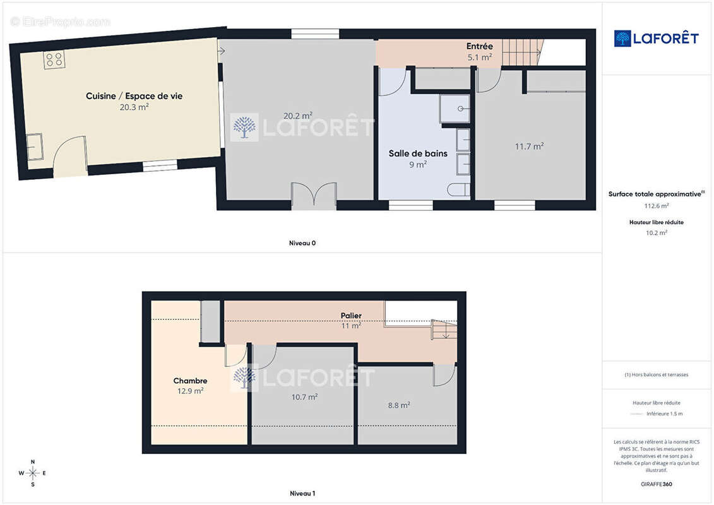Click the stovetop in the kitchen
pos(54,59)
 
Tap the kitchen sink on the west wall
pos(35,146)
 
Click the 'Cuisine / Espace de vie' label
pos(134,96)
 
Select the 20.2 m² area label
pos(298,116)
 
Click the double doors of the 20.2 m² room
pos(314,195)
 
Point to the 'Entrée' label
pos(480,46)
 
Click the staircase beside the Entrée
pos(523,52)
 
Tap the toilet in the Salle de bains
pos(458,189)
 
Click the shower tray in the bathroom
pos(455,109)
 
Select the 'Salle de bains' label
pos(418,153)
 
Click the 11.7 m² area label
pos(530,146)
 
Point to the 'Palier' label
pos(351,315)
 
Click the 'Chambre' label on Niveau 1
pos(191,381)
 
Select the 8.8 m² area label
pos(399,405)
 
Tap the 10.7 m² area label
pos(305,396)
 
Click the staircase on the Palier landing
pos(444,330)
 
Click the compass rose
pos(33,473)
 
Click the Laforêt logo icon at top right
pos(622,39)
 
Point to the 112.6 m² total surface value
pos(656,206)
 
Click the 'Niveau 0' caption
pos(302,243)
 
